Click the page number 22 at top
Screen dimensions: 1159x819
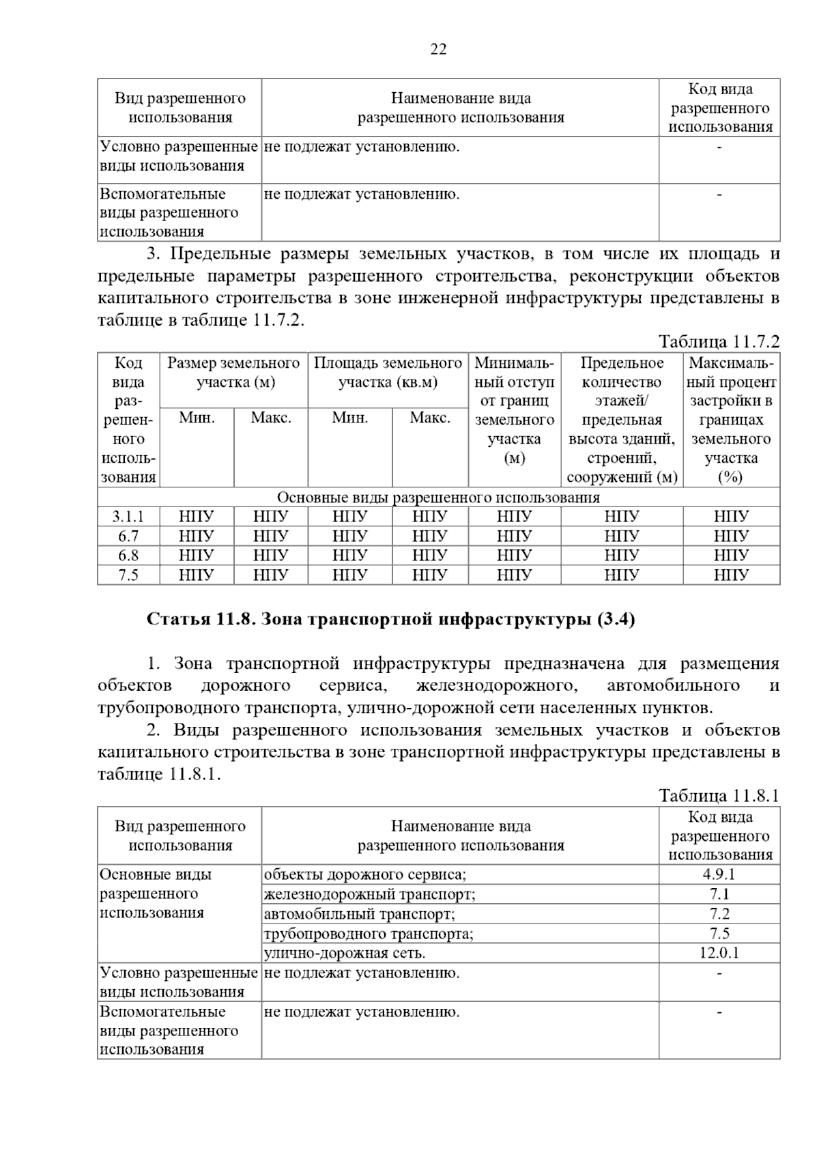tap(438, 49)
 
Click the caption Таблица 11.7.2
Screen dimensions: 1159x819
tap(718, 341)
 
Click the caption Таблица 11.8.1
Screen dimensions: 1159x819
tap(718, 796)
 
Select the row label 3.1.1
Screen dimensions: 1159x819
tap(128, 517)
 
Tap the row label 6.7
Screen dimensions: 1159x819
tap(128, 536)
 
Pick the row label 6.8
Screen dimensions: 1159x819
tap(128, 556)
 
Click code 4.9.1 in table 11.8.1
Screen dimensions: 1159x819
tap(719, 874)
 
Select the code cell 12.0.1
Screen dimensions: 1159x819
tap(719, 953)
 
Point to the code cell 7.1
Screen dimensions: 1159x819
tap(719, 894)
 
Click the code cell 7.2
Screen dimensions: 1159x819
tap(719, 914)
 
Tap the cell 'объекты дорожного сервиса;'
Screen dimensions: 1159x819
tap(365, 874)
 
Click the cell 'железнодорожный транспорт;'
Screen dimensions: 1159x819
tap(369, 894)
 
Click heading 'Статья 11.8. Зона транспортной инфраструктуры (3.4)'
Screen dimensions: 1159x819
tap(391, 620)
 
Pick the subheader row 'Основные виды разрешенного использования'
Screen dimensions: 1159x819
tap(438, 497)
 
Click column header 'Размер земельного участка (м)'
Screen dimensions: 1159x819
tap(234, 373)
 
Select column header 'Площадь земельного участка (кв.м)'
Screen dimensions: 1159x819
tap(388, 373)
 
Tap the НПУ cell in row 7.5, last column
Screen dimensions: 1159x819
tap(731, 575)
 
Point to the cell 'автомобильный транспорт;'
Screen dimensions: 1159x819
tap(359, 914)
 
